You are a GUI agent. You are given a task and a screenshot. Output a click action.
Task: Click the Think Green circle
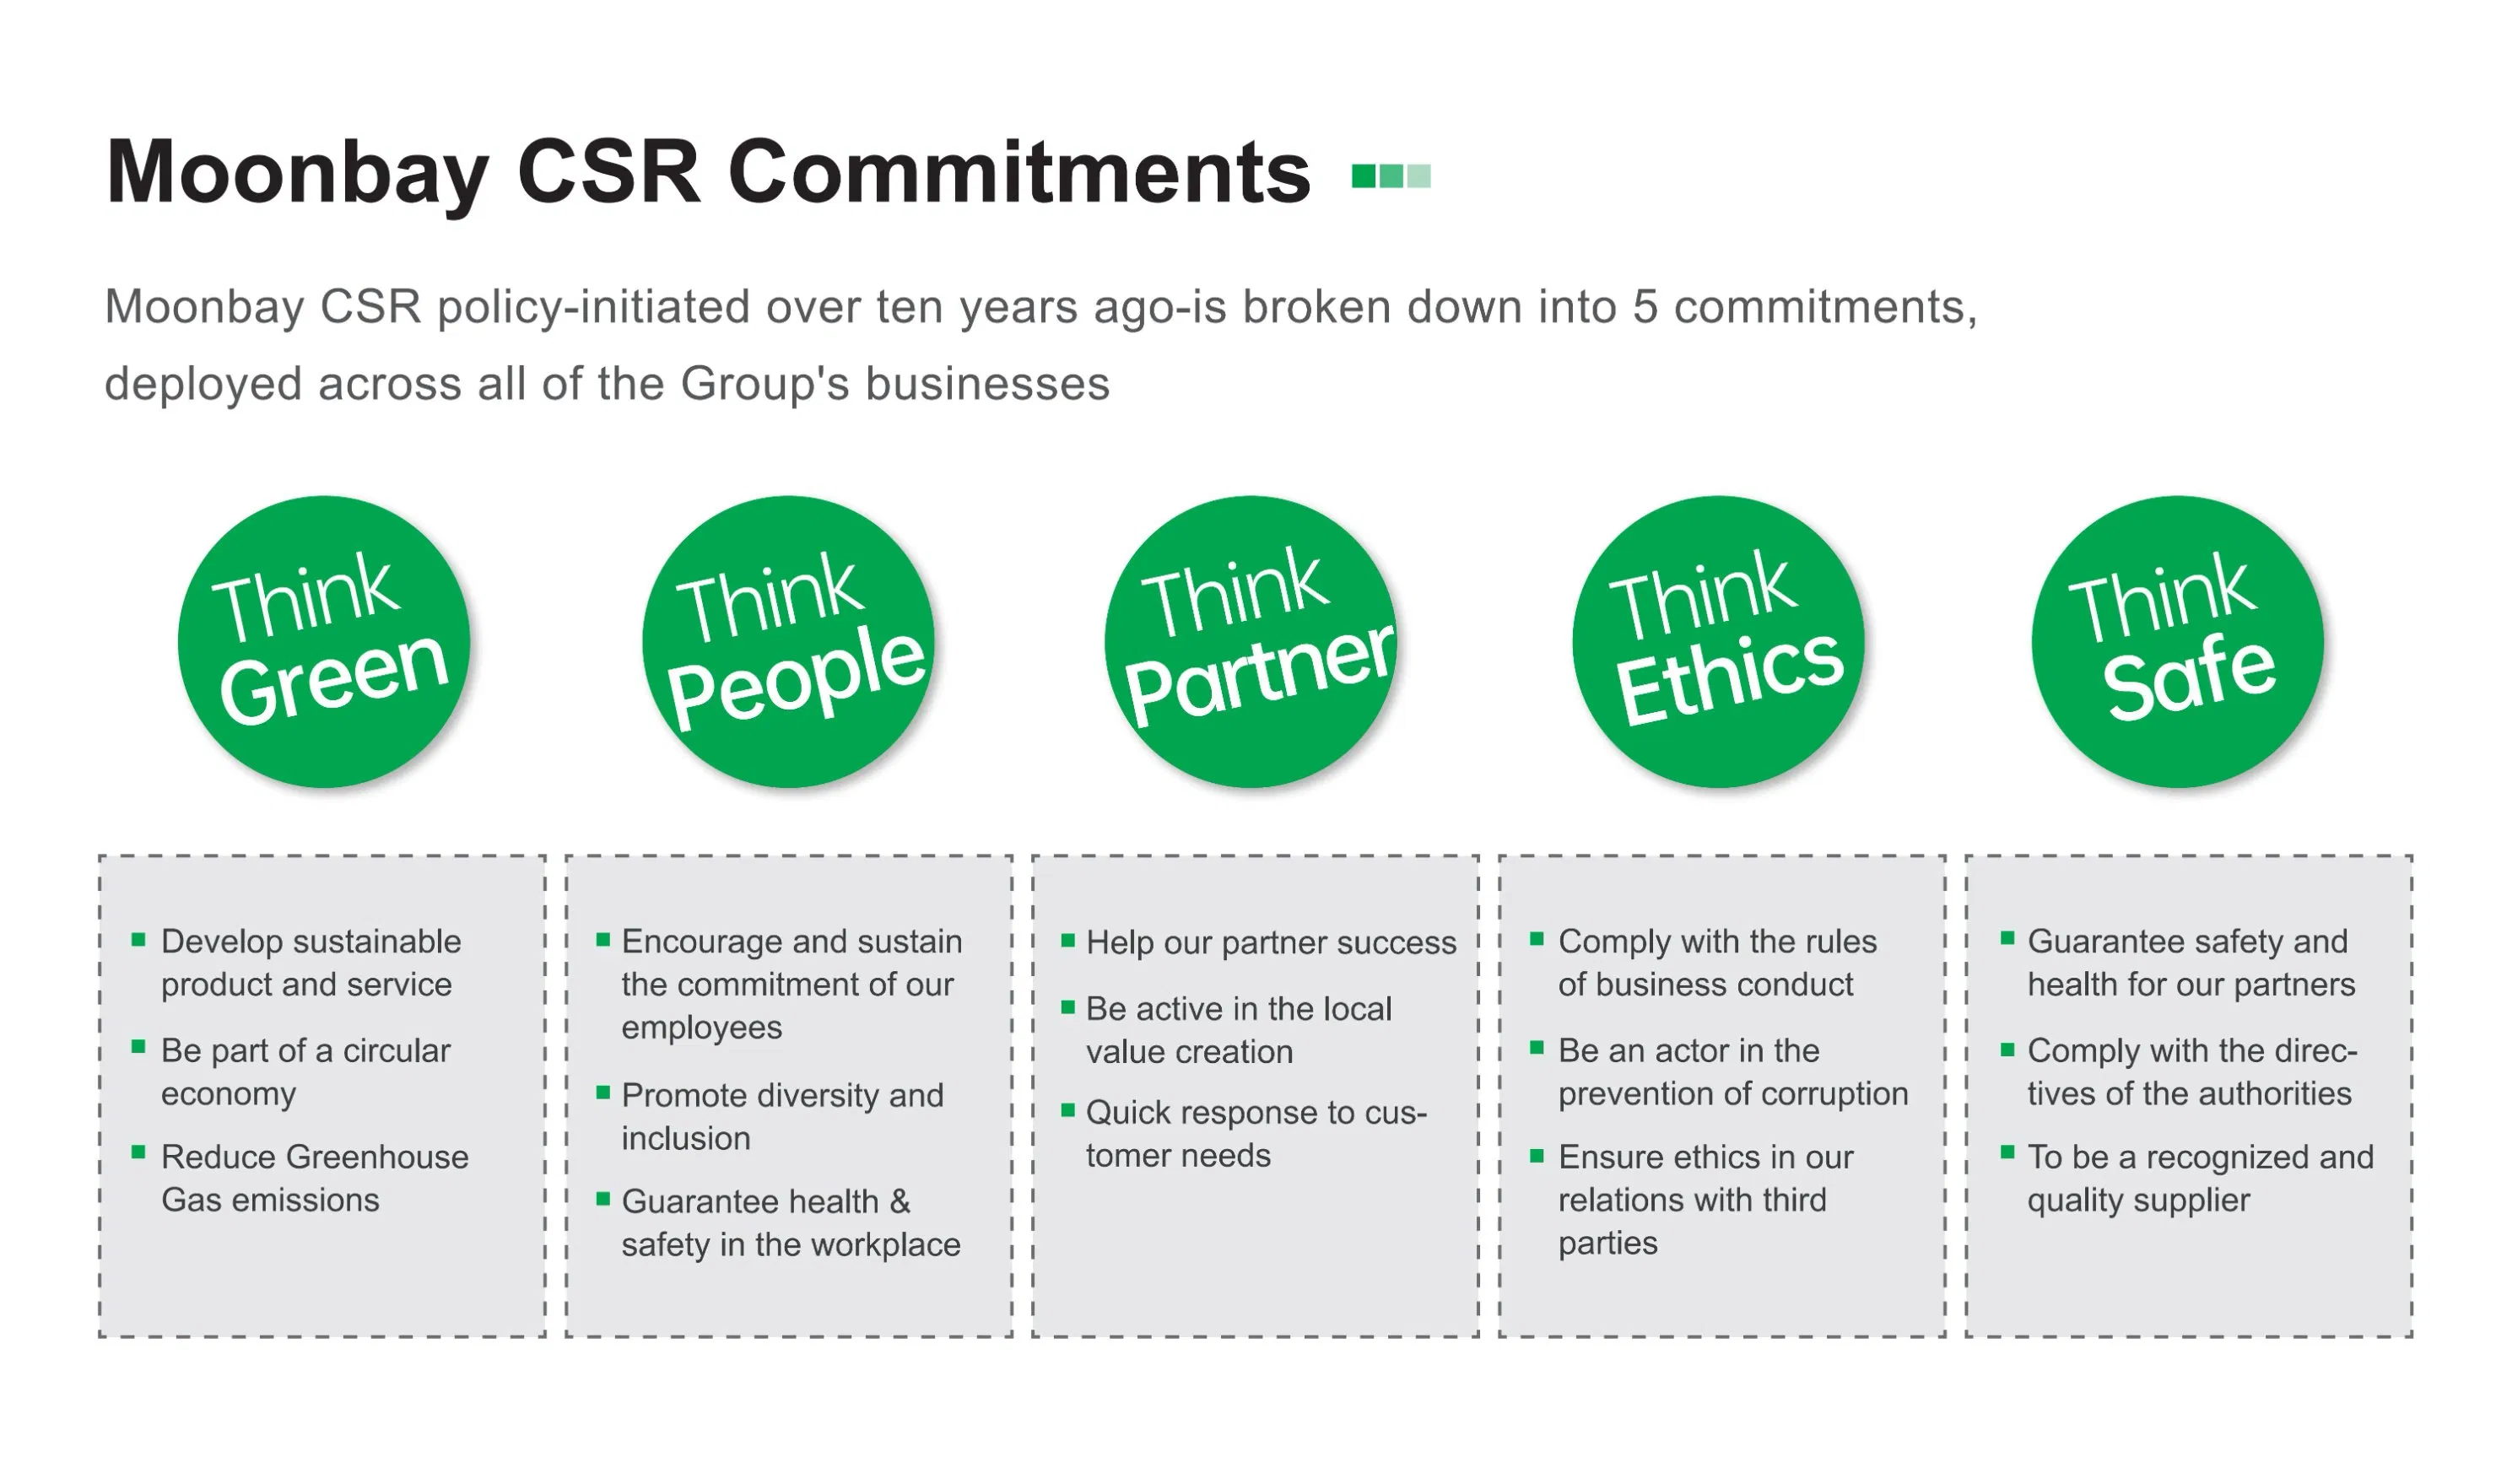(323, 641)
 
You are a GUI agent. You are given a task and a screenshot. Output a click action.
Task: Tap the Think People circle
(788, 641)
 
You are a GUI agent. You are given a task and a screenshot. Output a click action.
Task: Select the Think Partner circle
(1251, 641)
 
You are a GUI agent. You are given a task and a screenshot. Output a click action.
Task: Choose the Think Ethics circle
(1718, 641)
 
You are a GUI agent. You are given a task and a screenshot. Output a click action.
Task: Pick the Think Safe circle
(2178, 641)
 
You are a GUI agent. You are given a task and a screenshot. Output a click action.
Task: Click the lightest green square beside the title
(1418, 176)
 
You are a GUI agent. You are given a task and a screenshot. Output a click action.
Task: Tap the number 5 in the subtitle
(1645, 307)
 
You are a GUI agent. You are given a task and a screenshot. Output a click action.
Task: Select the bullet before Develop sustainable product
(138, 939)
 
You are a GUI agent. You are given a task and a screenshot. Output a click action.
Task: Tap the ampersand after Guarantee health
(900, 1201)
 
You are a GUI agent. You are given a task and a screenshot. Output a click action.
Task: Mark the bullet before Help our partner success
(1067, 940)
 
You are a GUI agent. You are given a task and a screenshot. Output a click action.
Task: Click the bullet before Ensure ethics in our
(1536, 1155)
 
